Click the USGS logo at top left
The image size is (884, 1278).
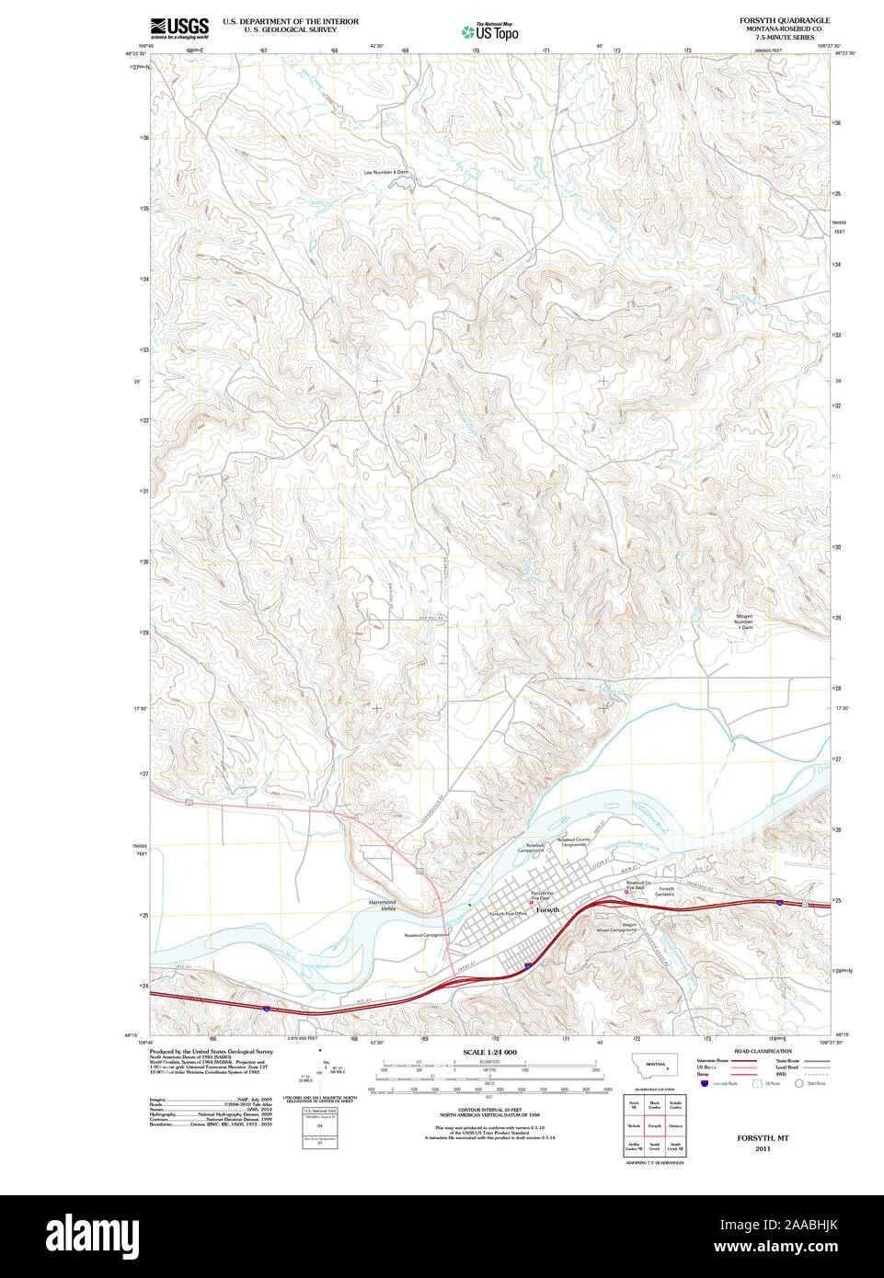click(179, 27)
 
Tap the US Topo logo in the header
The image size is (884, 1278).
click(490, 32)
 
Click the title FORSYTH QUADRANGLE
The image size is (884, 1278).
click(784, 20)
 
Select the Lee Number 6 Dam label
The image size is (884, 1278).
click(385, 172)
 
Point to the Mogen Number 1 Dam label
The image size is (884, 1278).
click(743, 622)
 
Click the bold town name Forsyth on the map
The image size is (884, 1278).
click(547, 910)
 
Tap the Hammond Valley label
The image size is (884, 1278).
click(382, 906)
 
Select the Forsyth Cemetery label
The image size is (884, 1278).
click(665, 891)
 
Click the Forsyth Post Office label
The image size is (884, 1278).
click(507, 914)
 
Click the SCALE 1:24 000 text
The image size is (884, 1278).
click(489, 1052)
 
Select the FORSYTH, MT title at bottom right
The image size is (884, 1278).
click(763, 1137)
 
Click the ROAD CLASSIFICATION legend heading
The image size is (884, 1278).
click(763, 1051)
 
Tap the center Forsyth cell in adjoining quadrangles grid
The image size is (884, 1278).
click(654, 1125)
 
